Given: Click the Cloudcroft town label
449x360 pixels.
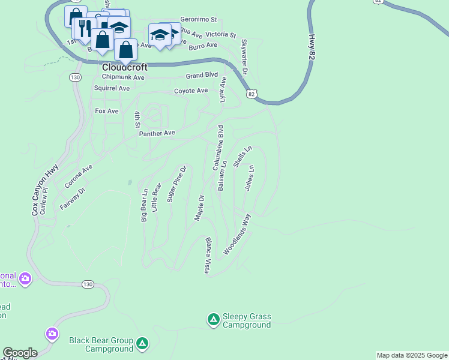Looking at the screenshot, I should coord(125,68).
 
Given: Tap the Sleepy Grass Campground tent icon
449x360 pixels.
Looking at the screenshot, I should coord(213,320).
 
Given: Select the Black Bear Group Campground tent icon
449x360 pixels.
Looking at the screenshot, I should coord(142,344).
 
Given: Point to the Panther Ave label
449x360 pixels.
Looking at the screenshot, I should coord(157,133).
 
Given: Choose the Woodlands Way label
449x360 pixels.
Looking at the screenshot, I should coord(237,235).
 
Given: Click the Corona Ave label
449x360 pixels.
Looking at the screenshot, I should coord(79,176).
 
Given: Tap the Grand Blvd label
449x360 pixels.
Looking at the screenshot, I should coord(202,76).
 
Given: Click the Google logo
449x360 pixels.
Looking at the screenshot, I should coord(20,353).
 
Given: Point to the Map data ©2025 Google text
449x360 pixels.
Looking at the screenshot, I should coord(412,355).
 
